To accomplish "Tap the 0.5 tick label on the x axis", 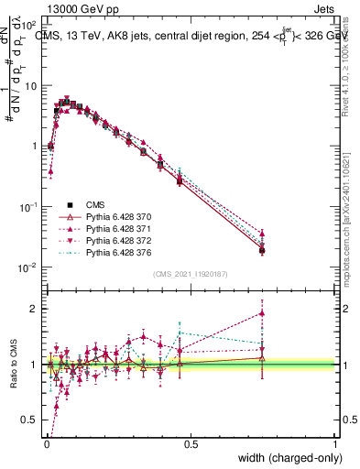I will [x=191, y=443].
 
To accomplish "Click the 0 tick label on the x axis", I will [x=46, y=443].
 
